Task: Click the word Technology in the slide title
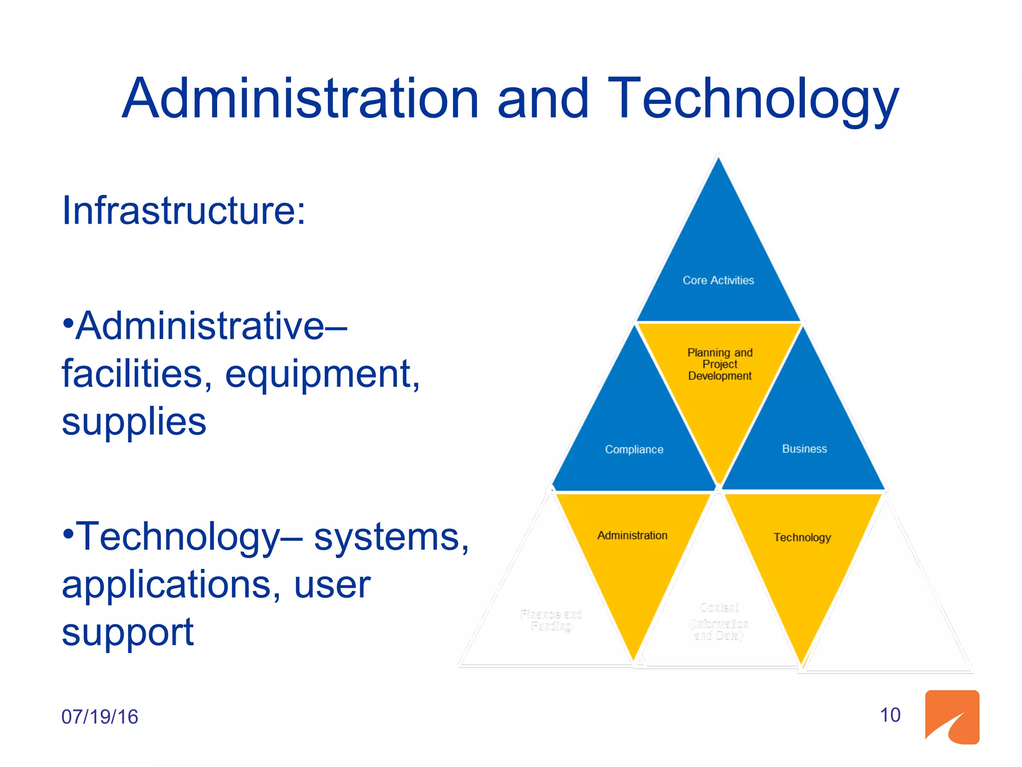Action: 753,99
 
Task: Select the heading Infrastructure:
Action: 183,211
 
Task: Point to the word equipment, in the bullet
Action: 322,375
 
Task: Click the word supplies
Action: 134,421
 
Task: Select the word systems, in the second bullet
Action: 391,537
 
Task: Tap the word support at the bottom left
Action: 128,632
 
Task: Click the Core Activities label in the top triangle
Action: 718,281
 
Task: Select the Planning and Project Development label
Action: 720,364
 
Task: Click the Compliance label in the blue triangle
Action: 634,449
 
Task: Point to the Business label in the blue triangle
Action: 804,449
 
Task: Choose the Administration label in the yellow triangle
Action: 632,535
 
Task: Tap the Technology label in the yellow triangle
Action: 802,537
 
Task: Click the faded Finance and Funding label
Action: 551,620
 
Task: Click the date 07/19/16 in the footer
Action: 99,717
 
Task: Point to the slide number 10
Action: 890,715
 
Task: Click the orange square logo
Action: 952,717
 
